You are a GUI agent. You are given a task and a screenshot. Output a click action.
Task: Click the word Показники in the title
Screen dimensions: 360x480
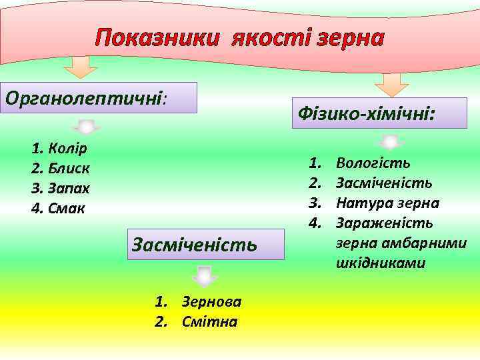[157, 39]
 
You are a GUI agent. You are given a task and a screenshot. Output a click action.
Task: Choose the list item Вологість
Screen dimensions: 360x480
[373, 162]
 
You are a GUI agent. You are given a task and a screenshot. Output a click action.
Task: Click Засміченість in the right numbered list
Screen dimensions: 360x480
[384, 182]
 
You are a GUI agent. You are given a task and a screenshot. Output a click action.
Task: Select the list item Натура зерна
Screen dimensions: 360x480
[387, 202]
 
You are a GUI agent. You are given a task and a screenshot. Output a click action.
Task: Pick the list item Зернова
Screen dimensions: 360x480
[211, 301]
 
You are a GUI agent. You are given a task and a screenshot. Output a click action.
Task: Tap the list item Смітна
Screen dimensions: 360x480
[209, 321]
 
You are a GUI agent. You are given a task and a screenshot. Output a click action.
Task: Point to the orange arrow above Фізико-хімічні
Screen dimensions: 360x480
[391, 85]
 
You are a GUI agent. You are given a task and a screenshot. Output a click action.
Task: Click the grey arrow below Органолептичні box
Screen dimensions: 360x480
[86, 127]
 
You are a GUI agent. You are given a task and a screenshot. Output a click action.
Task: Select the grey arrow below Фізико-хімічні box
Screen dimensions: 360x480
[392, 142]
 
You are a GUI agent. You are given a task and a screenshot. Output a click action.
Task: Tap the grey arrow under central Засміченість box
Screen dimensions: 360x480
[205, 275]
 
